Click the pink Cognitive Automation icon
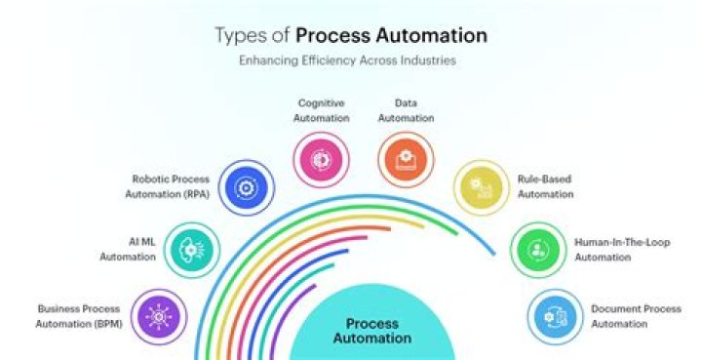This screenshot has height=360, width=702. [321, 159]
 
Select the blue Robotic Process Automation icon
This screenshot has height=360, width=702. [246, 188]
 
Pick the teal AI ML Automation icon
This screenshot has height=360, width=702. [192, 249]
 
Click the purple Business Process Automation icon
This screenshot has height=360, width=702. [157, 316]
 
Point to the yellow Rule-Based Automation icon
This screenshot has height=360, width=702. [481, 188]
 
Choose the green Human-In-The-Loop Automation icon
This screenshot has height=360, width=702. [538, 250]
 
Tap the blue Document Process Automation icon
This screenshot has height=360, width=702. [555, 316]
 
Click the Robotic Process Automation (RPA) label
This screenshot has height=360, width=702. [170, 186]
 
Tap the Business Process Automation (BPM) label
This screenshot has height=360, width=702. [79, 315]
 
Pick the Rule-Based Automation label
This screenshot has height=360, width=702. [546, 186]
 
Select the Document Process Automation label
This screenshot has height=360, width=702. [636, 315]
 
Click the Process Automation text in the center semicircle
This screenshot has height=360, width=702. [372, 331]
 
